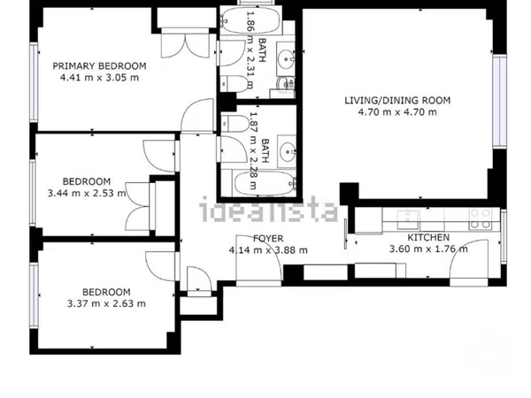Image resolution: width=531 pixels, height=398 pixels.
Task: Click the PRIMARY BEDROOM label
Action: pos(99,65)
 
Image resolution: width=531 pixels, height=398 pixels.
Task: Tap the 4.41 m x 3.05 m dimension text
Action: pos(99,78)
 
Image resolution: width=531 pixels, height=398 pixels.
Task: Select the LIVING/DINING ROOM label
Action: pos(397,101)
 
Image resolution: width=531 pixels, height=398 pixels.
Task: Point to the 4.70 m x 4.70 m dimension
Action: pos(397,112)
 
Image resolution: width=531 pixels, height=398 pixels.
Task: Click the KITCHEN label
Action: pos(428,238)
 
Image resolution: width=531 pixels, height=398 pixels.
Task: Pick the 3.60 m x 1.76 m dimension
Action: pos(428,249)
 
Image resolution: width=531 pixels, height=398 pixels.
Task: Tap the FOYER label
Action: pos(268,239)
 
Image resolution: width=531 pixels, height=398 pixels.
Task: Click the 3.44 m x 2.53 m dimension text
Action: pos(87,193)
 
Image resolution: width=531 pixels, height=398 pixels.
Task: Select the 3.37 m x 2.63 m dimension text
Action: pos(106,303)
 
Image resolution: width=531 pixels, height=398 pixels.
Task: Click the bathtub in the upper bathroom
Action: pos(250,20)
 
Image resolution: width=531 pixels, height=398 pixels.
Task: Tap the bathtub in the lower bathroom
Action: pos(264,183)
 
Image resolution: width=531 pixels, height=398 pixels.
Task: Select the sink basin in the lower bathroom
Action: pos(287,151)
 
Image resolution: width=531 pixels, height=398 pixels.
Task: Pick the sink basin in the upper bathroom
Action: pos(286,59)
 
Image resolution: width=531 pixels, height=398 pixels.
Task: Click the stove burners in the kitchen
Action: pos(481,218)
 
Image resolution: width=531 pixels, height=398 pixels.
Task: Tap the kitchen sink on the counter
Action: pos(408,219)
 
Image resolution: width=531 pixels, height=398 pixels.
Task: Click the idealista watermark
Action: pos(268,209)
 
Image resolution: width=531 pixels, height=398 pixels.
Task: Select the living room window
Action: pos(499,101)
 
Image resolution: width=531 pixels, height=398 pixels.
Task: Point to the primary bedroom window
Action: pos(34,82)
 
